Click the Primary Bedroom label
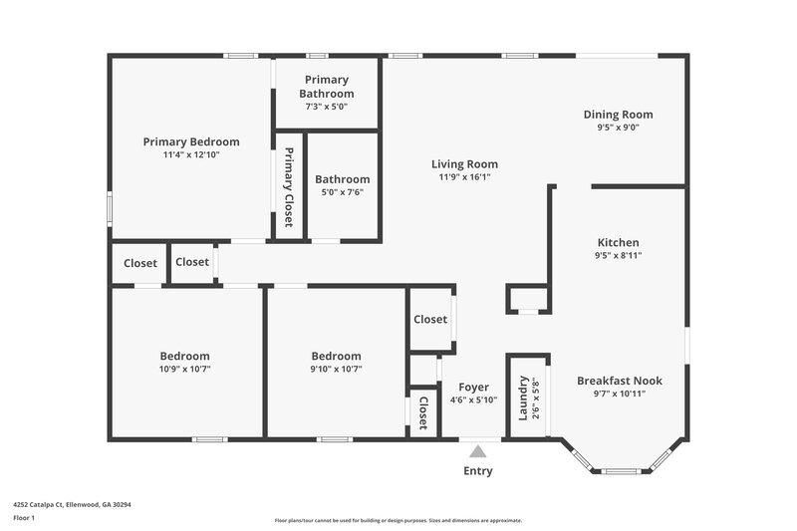coord(191,141)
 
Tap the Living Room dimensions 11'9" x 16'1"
coord(464,176)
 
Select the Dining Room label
coord(618,115)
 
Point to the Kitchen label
coord(618,242)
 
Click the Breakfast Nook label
coord(619,381)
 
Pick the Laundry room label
coord(523,397)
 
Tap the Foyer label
coord(473,387)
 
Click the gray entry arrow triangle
coord(478,451)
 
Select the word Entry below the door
coord(478,471)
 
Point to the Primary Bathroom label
coord(327,87)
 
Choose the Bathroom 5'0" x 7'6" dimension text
coord(342,192)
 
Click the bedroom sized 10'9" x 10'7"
coord(185,369)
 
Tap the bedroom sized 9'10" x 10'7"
coord(336,369)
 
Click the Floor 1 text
coord(25,518)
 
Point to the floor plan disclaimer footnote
coord(398,520)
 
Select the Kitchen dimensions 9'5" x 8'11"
coord(618,255)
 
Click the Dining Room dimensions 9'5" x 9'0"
coord(618,128)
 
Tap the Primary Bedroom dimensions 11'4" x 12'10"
coord(191,154)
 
